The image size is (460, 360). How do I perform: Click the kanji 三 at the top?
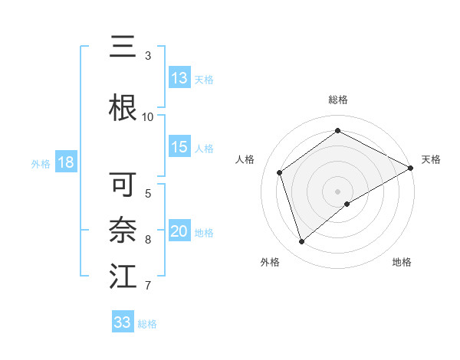[x=123, y=48]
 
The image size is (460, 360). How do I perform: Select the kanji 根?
[x=123, y=106]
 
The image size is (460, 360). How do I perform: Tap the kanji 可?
[x=123, y=185]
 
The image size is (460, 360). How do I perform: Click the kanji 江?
[x=123, y=276]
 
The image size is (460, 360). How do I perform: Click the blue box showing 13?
[x=179, y=78]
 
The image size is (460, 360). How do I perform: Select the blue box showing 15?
[x=179, y=148]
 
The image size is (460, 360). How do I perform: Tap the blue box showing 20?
[x=179, y=232]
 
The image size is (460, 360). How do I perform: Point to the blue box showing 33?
[x=123, y=322]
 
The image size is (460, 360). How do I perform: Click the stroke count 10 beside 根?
[x=148, y=116]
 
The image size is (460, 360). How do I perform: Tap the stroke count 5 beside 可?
[x=148, y=193]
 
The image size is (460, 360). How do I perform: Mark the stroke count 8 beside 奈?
[x=148, y=240]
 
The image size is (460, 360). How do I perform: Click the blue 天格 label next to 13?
[x=204, y=79]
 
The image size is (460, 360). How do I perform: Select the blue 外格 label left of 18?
[x=40, y=163]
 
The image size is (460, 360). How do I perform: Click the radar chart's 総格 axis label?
[x=338, y=100]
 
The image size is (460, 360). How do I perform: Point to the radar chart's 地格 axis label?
[x=402, y=262]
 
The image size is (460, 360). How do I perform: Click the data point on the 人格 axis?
[x=280, y=172]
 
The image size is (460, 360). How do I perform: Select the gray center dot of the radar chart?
[x=338, y=191]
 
